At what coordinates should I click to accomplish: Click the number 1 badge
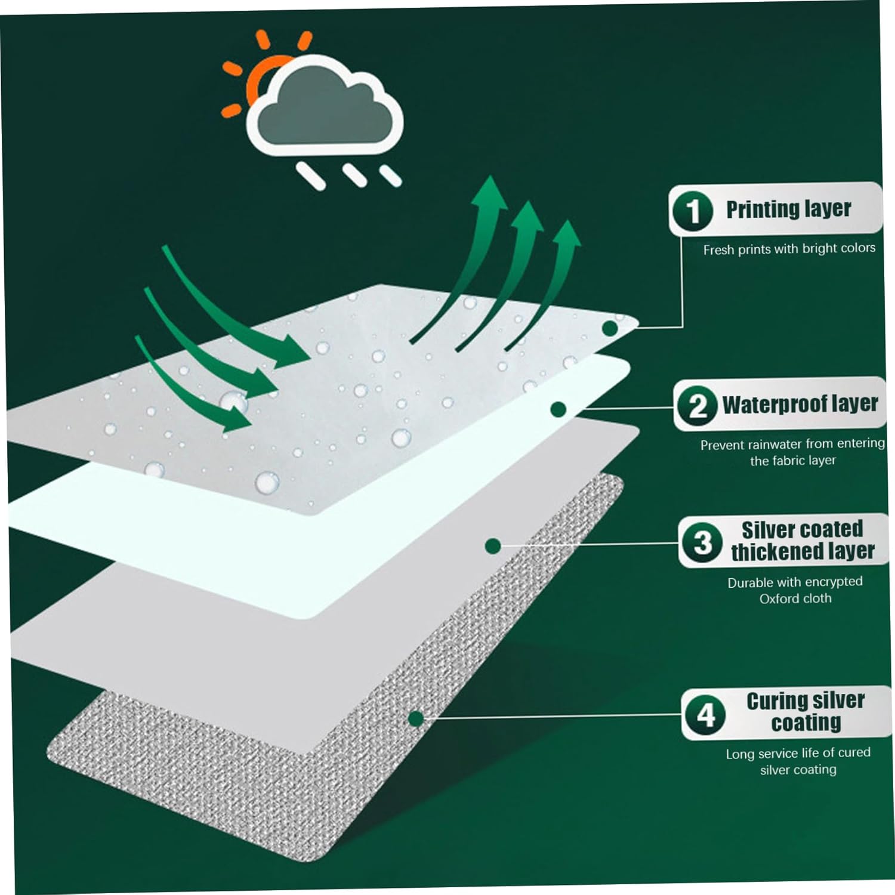(693, 211)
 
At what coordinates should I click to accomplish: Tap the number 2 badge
(697, 406)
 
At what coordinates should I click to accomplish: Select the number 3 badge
(703, 542)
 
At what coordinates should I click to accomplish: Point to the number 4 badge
(706, 714)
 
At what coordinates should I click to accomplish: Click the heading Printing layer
(788, 209)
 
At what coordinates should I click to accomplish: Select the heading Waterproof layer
(800, 405)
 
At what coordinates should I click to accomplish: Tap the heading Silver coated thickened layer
(803, 541)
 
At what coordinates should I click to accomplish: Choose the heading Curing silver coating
(805, 711)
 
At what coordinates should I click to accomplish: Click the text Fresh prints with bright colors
(789, 249)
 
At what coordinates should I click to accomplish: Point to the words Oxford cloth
(795, 598)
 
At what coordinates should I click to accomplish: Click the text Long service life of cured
(798, 753)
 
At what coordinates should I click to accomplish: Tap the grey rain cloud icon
(325, 106)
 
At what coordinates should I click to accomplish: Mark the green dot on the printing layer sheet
(610, 328)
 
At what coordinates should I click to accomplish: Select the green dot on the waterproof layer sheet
(558, 409)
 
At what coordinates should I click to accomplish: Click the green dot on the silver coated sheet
(493, 546)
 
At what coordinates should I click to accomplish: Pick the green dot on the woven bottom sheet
(416, 718)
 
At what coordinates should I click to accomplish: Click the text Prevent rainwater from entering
(792, 444)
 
